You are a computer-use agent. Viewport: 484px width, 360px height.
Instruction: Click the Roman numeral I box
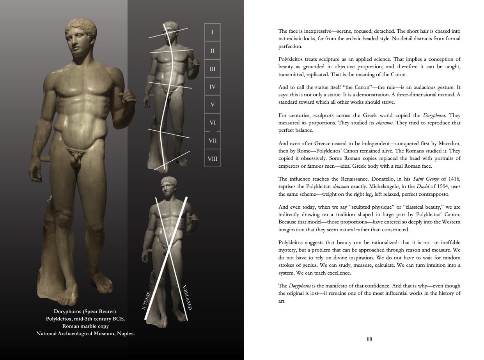(x=212, y=32)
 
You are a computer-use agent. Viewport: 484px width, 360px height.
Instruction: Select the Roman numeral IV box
(x=212, y=87)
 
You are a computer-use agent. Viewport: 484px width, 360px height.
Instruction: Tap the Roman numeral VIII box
(x=213, y=158)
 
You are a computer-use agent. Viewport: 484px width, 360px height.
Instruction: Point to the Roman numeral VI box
(x=213, y=122)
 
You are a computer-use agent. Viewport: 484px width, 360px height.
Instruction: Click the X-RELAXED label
(x=187, y=297)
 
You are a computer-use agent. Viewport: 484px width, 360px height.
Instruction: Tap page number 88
(x=369, y=339)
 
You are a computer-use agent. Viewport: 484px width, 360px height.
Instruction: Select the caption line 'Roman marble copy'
(x=85, y=326)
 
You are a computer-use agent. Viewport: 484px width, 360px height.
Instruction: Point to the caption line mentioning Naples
(x=85, y=333)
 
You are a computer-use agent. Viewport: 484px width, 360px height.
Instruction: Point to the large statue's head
(x=81, y=43)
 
